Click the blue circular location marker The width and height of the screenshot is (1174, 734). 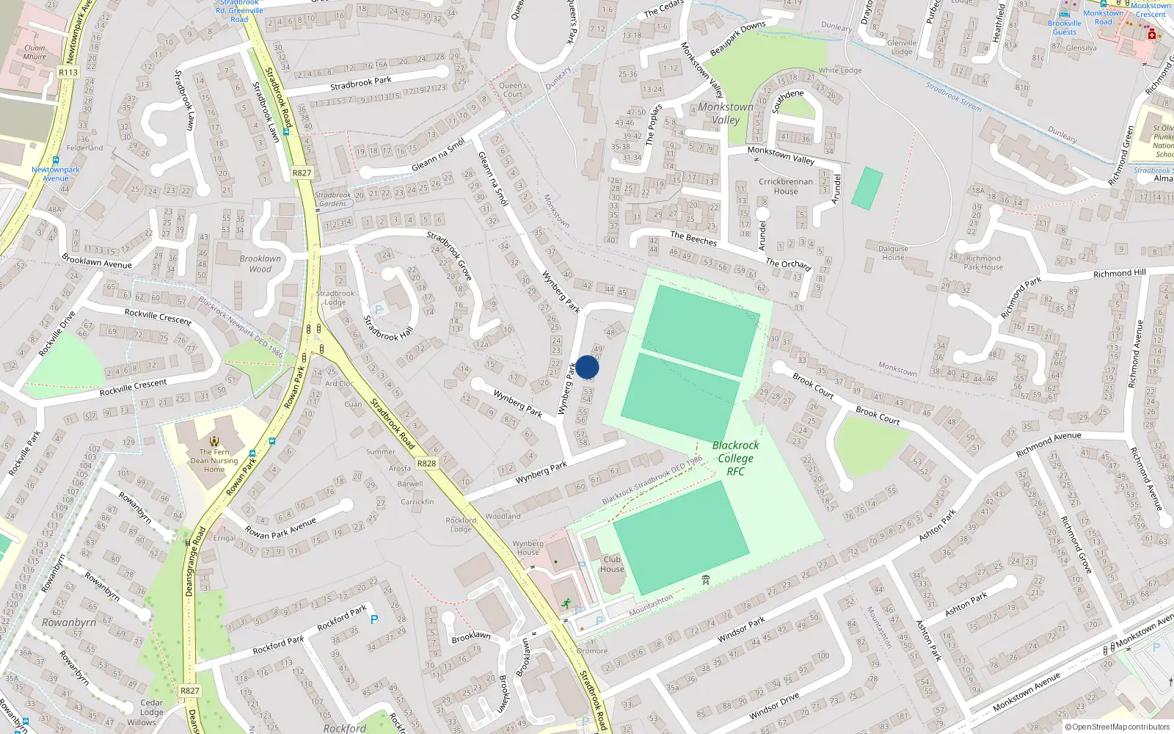587,367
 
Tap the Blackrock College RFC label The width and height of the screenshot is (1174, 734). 735,458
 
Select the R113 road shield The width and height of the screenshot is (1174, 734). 68,72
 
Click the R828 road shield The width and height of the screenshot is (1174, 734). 426,463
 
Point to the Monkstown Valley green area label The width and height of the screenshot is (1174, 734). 726,113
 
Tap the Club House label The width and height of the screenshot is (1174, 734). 612,564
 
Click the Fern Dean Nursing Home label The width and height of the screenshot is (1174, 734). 214,460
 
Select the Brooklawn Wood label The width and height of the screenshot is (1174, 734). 260,264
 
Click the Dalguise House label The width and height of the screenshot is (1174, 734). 893,252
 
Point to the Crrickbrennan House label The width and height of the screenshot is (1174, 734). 786,186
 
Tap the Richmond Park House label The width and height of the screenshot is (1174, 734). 983,262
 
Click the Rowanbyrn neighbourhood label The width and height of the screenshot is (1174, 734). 69,622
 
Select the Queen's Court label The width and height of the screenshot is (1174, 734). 513,90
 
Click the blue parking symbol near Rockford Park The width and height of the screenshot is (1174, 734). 374,619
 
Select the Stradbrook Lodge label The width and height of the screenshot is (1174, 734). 335,297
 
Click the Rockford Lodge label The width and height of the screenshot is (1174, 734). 461,524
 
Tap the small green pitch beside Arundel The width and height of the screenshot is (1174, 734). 867,188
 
